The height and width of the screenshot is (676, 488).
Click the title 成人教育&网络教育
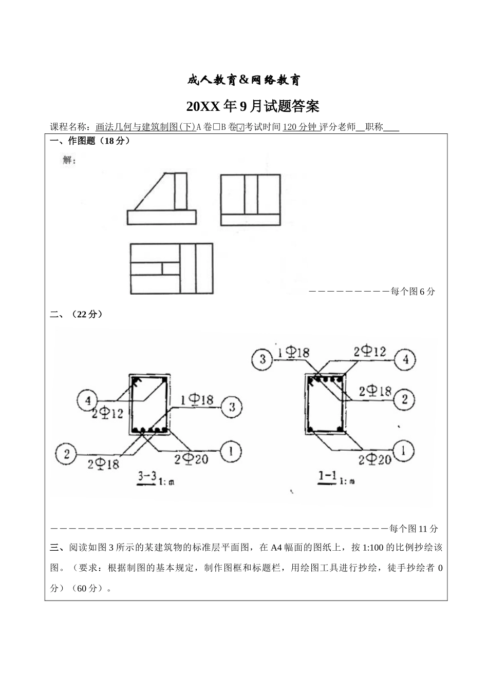(x=243, y=80)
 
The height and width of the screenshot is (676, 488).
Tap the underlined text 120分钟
(x=301, y=127)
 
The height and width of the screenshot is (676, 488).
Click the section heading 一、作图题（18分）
(x=90, y=141)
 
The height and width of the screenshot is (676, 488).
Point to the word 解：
(x=69, y=160)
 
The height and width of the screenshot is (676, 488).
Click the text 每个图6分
(x=412, y=292)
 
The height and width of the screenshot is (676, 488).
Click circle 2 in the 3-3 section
(x=66, y=454)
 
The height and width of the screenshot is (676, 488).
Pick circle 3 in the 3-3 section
(x=232, y=407)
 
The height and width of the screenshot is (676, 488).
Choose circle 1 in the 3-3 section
(x=232, y=452)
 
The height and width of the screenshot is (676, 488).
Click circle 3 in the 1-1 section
(x=262, y=358)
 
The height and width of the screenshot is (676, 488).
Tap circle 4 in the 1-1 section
(x=406, y=359)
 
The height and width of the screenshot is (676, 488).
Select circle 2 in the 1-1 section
(x=405, y=399)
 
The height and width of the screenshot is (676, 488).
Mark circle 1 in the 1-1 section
(x=405, y=451)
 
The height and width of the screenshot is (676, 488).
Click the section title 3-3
(x=147, y=477)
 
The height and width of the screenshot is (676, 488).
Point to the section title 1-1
(x=327, y=477)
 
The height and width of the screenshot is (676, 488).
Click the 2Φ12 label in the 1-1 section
(x=369, y=352)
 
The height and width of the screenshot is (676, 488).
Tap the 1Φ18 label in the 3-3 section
(x=197, y=399)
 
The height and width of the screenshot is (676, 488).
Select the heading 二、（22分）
(x=77, y=314)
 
